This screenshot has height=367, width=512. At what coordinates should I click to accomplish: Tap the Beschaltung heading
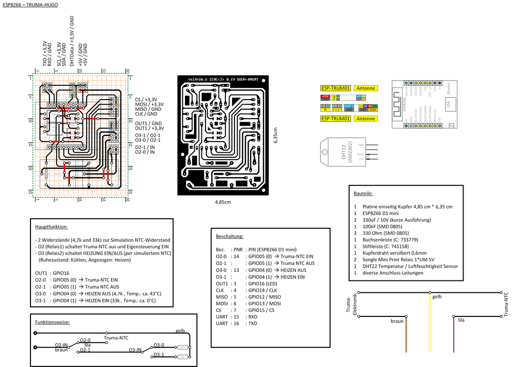tap(229, 236)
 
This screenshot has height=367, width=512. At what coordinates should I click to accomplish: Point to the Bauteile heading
tap(363, 193)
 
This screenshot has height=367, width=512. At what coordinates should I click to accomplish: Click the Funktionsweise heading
tap(52, 322)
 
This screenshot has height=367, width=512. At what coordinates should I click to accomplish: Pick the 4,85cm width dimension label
tap(223, 202)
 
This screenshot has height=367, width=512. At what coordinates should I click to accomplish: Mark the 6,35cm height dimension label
tap(275, 136)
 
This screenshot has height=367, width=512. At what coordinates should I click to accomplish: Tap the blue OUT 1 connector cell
tap(349, 106)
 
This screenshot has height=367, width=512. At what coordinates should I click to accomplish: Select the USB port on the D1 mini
tap(448, 104)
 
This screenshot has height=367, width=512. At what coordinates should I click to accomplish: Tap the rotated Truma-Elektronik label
tap(351, 304)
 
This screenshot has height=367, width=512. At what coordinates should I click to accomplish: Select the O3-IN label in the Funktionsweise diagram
tap(135, 350)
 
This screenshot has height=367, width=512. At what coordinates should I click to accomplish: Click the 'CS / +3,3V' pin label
tap(146, 100)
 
